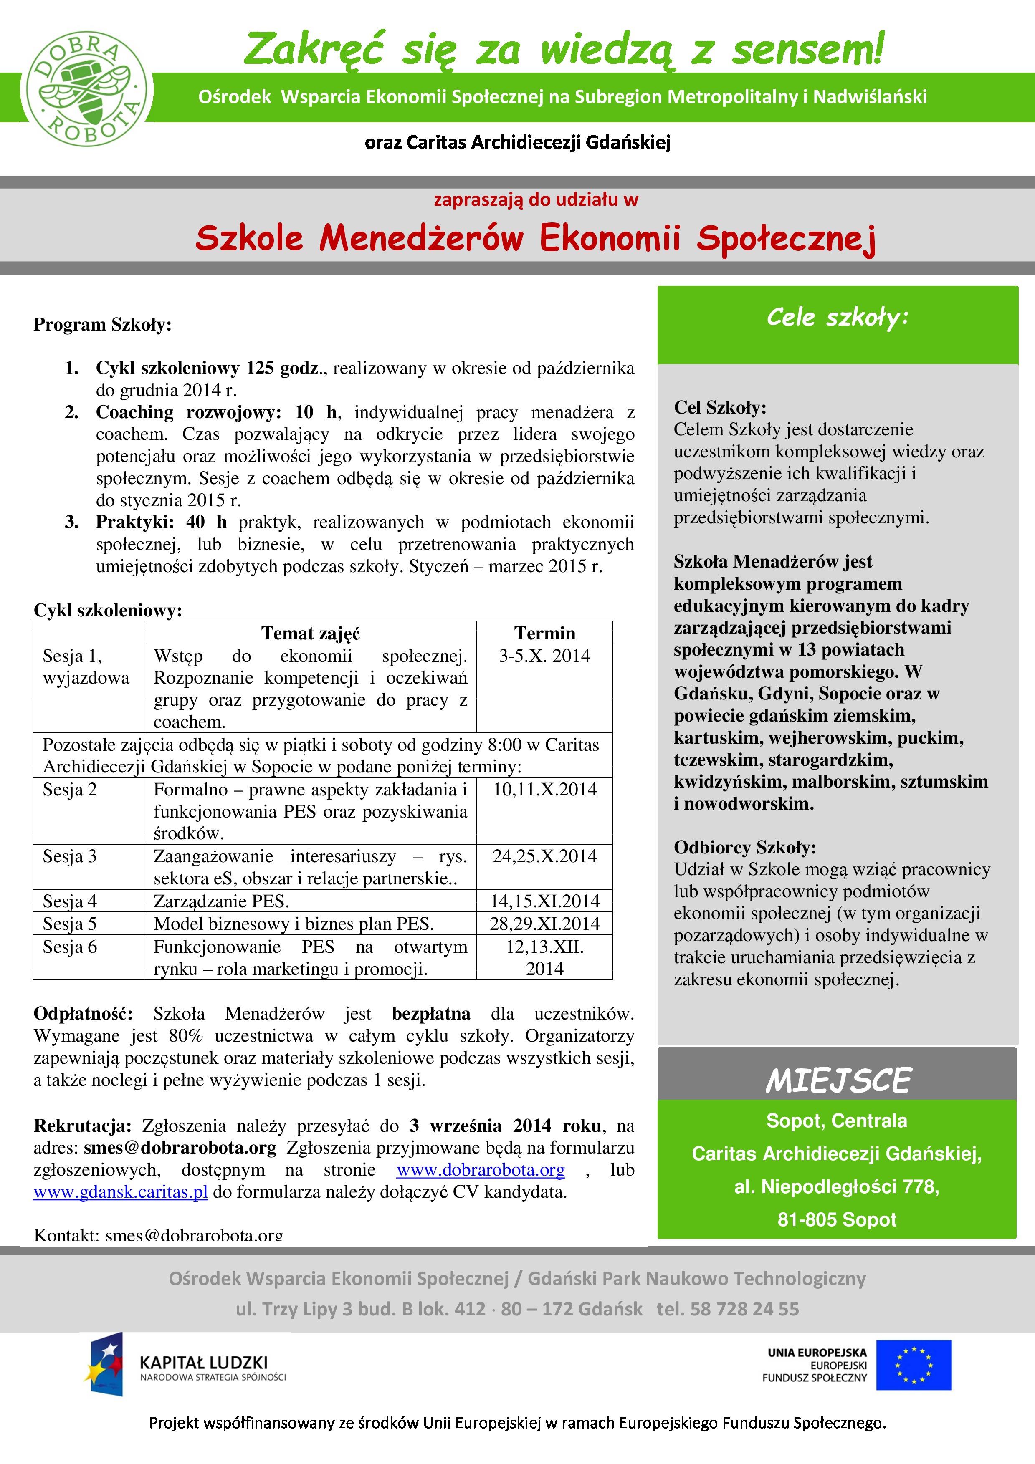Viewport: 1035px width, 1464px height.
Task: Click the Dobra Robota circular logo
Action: point(87,90)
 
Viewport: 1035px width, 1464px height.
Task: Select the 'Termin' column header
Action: point(544,633)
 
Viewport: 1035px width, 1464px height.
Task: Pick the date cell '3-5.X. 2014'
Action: point(544,656)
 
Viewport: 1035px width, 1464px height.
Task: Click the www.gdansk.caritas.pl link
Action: point(121,1192)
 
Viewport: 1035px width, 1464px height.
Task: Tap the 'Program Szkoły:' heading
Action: point(102,325)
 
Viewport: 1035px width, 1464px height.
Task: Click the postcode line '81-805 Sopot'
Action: point(837,1219)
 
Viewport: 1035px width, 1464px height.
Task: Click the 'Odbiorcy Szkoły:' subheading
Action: point(744,848)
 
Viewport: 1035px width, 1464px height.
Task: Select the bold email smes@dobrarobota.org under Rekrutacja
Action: point(180,1148)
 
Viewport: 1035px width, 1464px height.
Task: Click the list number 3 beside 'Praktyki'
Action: point(71,522)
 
